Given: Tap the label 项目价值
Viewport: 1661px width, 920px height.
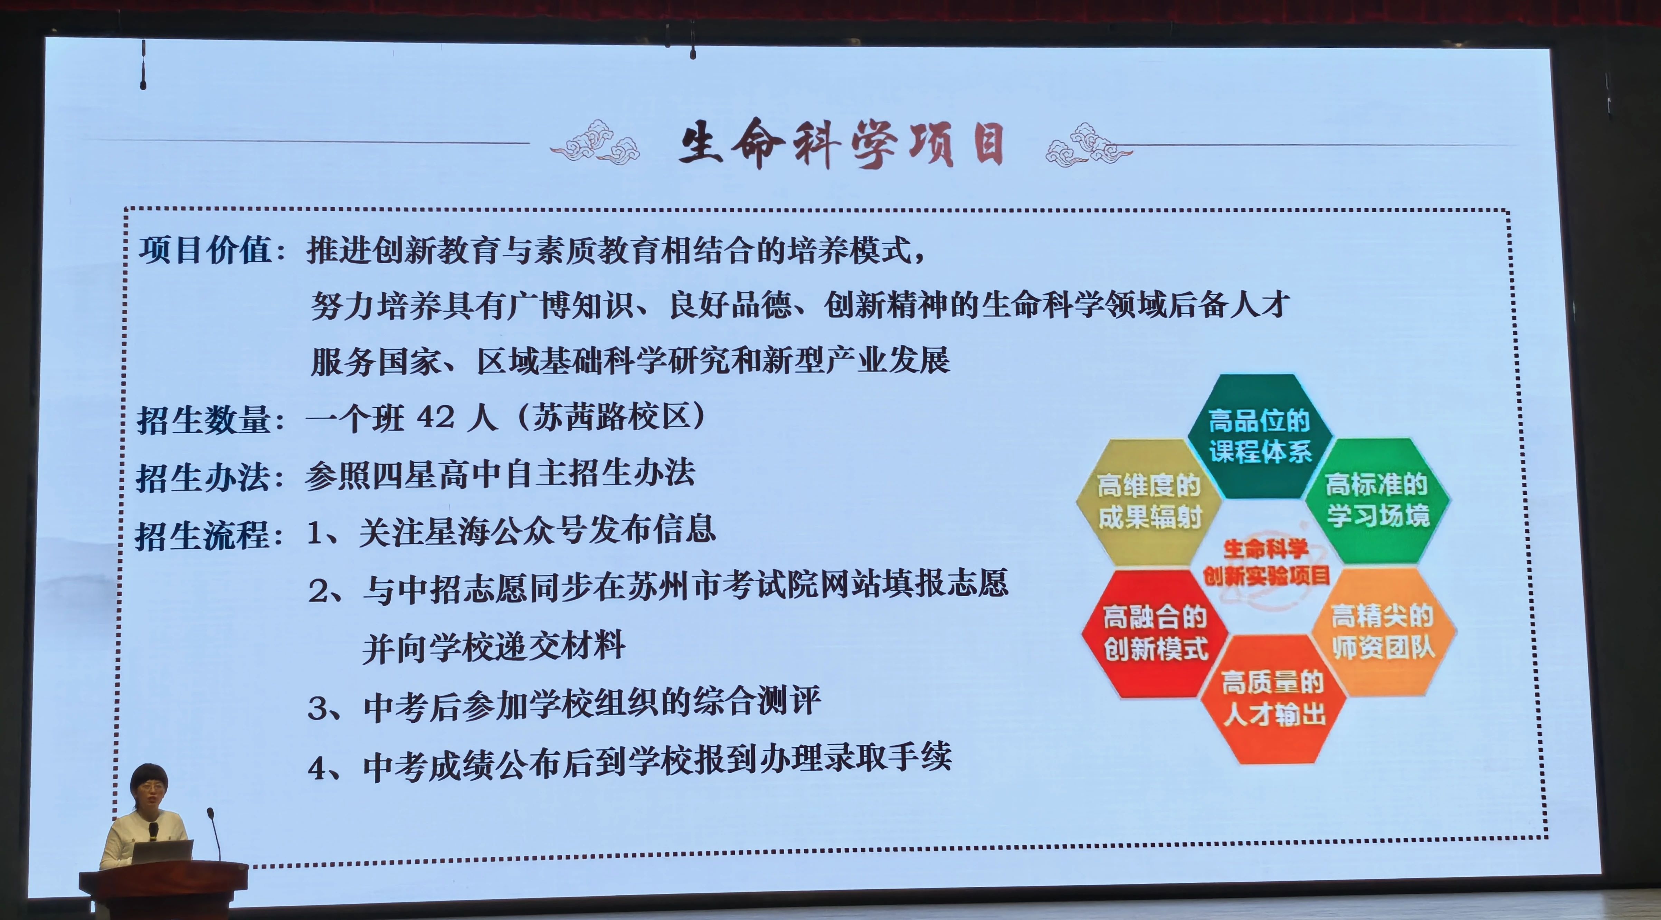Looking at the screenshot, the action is click(x=205, y=249).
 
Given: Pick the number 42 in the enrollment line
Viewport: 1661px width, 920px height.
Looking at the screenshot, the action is click(x=436, y=417).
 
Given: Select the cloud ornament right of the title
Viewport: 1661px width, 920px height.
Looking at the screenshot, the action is click(x=1089, y=144).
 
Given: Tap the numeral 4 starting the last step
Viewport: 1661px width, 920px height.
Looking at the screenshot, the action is click(x=317, y=768).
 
